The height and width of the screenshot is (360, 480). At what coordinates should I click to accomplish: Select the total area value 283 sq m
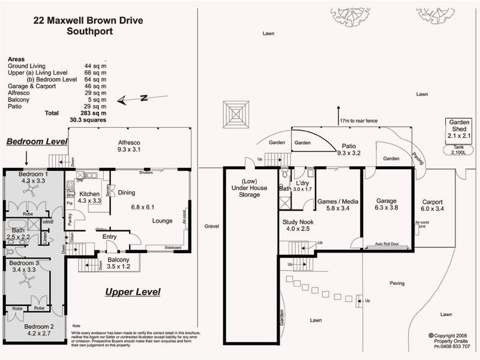[x=93, y=113]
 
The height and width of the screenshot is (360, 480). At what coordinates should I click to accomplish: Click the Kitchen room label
[x=89, y=198]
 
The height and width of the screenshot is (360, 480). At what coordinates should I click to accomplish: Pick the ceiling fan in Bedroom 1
[x=31, y=191]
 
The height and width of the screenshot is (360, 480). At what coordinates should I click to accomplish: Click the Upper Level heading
[x=133, y=292]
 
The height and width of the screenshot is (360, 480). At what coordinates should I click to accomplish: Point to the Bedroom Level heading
[x=36, y=142]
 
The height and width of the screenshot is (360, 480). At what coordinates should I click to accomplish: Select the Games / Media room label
[x=337, y=205]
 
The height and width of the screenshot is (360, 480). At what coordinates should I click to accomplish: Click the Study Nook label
[x=296, y=224]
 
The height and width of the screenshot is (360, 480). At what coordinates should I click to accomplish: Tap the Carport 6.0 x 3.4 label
[x=432, y=205]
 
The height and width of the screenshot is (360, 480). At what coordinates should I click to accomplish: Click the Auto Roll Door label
[x=387, y=245]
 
